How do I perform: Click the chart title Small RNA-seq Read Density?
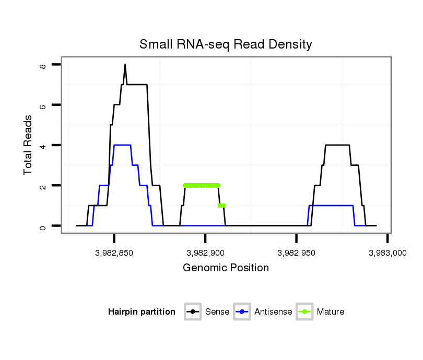click(226, 44)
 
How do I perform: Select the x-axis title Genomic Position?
click(226, 268)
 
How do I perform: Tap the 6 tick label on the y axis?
click(43, 105)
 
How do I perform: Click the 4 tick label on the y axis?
click(43, 145)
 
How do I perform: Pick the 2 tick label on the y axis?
click(43, 186)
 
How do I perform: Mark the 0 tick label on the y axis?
click(43, 226)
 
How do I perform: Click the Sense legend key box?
click(193, 312)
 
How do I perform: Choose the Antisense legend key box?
click(242, 312)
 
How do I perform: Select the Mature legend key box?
click(304, 312)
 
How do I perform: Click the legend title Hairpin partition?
click(142, 312)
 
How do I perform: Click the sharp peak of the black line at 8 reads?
click(125, 65)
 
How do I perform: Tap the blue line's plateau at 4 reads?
click(122, 145)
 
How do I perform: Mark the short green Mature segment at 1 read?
click(222, 206)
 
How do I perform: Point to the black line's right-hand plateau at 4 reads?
click(337, 145)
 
